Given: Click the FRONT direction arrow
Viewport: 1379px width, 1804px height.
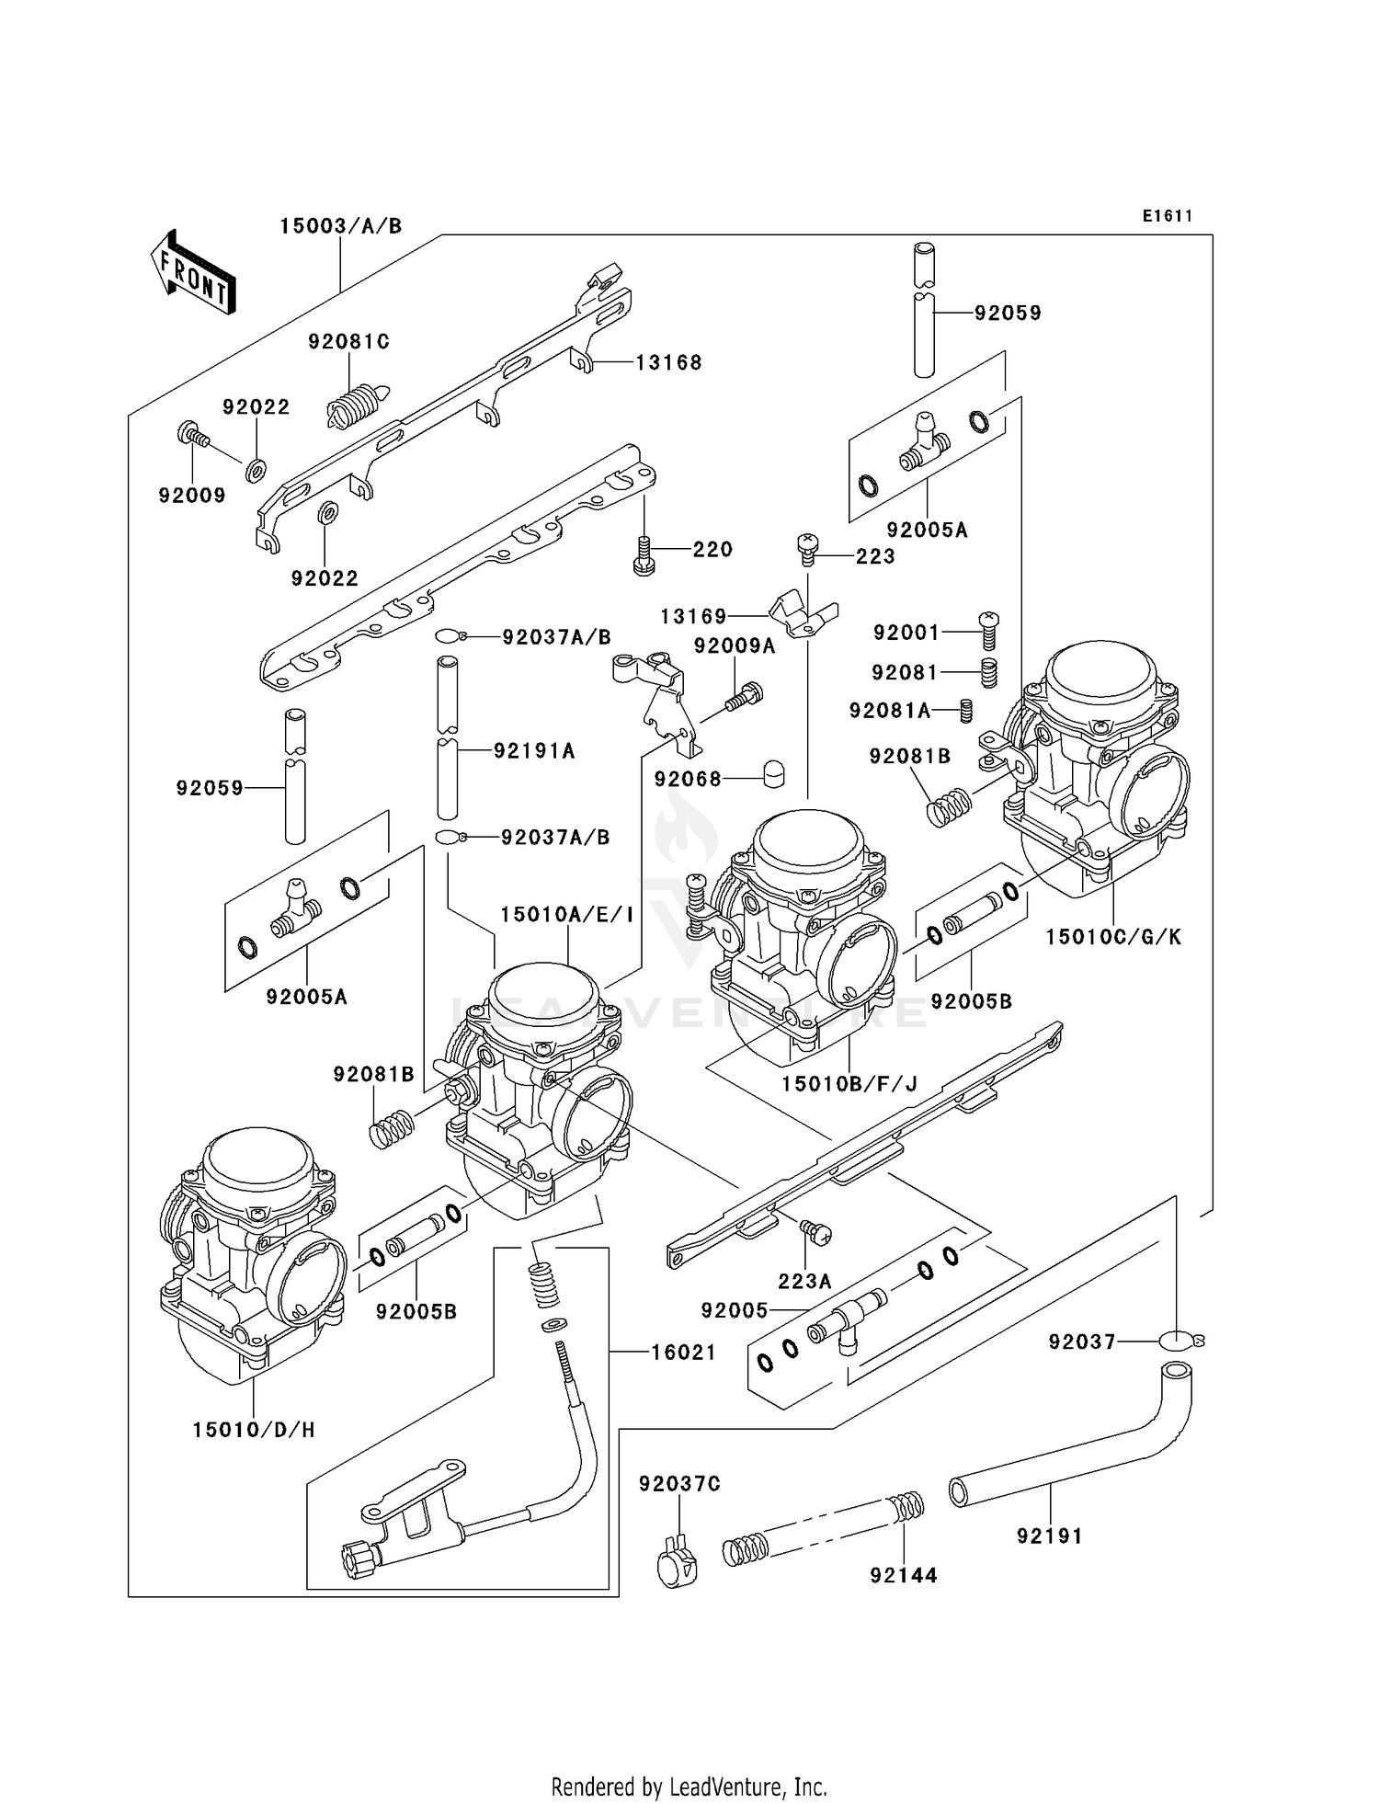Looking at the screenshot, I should click(x=193, y=273).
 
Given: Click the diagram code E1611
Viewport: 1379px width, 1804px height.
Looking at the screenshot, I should click(x=1168, y=216).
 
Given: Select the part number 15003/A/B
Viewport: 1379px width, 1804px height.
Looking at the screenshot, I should click(x=341, y=226).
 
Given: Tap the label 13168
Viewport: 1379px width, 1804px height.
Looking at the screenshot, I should click(x=668, y=363).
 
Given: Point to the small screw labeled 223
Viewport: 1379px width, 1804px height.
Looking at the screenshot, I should click(x=807, y=548).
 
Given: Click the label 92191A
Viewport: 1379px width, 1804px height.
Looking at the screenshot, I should click(x=534, y=751).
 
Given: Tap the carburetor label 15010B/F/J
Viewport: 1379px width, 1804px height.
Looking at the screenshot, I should click(x=849, y=1084).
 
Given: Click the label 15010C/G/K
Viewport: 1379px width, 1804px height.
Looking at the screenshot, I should click(x=1113, y=937).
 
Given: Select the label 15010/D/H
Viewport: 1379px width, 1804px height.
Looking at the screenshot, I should click(x=254, y=1430).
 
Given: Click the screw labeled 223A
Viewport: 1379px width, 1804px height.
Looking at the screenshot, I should click(x=815, y=1231).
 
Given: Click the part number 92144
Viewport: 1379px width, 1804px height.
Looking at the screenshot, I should click(x=904, y=1575).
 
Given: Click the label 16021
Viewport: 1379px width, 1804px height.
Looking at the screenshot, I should click(x=683, y=1353).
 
